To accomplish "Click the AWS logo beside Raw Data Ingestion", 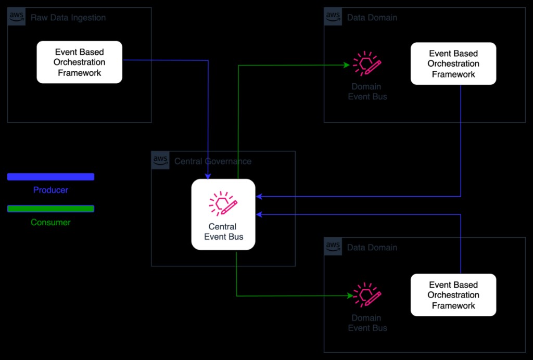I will point(17,17).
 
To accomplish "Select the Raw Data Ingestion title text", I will point(68,18).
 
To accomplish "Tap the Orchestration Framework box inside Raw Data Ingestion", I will point(79,62).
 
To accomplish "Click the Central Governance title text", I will point(213,161).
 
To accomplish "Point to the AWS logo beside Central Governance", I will point(160,160).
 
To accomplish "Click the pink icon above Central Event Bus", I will point(223,204).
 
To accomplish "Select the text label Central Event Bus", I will point(223,232).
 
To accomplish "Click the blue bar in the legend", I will point(50,177).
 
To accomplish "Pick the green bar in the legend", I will point(50,209).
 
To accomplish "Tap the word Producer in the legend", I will point(50,190).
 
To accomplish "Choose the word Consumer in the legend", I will point(50,223).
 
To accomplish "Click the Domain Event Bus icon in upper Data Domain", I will point(367,65).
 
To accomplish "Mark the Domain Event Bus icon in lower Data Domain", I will point(367,295).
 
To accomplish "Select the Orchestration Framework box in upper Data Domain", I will point(453,63).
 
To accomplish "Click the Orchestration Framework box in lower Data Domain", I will point(453,295).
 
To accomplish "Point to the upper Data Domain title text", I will point(372,18).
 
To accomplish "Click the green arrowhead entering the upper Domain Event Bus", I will point(346,65).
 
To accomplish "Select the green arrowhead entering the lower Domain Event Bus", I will point(350,296).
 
